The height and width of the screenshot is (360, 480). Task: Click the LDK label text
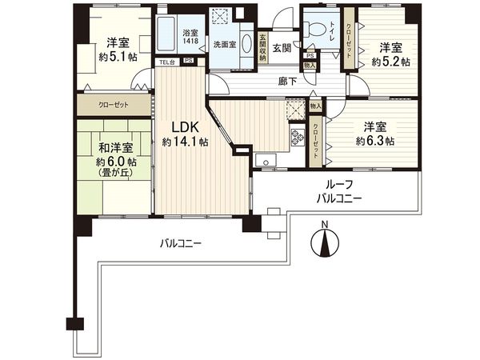point(186,126)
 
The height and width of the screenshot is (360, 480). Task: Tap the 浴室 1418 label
point(190,37)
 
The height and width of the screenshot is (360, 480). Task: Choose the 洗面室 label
point(224,46)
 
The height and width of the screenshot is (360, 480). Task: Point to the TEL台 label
point(166,62)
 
